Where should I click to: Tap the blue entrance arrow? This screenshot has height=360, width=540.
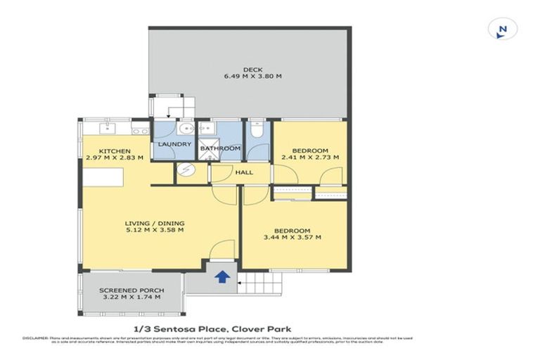(x=221, y=276)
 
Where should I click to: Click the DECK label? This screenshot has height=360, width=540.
(x=252, y=69)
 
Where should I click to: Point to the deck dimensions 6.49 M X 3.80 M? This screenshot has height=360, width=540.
(x=252, y=76)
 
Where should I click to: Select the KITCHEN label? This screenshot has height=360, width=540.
(x=113, y=151)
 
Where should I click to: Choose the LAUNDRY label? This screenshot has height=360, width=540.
(x=174, y=145)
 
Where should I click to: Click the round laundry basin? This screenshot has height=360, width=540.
(x=186, y=129)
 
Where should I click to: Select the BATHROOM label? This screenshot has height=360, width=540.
(x=220, y=148)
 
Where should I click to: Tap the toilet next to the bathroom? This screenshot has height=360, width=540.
(x=257, y=131)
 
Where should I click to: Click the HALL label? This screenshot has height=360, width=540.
(x=244, y=172)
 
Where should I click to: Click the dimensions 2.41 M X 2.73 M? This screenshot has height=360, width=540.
(x=310, y=157)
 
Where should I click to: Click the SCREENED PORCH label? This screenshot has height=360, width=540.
(x=131, y=290)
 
